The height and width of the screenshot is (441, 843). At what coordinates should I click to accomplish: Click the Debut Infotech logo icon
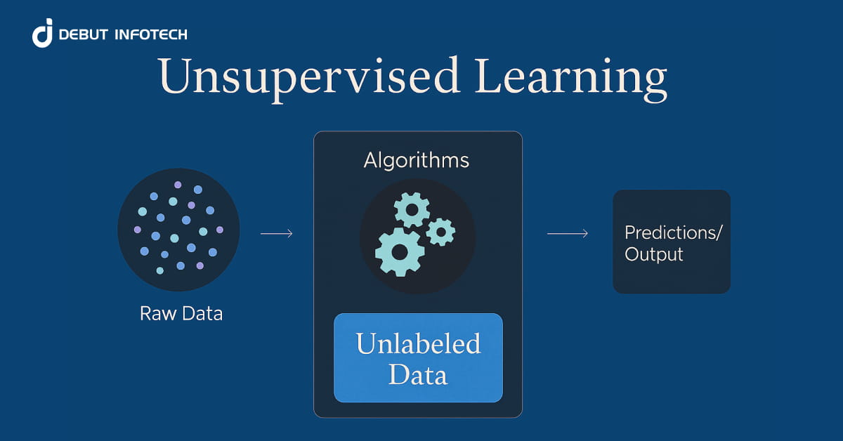pyautogui.click(x=43, y=34)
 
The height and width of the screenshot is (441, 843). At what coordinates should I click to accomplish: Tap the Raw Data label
pyautogui.click(x=181, y=313)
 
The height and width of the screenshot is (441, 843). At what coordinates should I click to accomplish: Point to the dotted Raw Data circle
pyautogui.click(x=178, y=229)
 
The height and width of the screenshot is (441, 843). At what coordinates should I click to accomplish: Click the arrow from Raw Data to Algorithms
pyautogui.click(x=276, y=233)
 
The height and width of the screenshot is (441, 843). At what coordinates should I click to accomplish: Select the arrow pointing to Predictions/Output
pyautogui.click(x=567, y=233)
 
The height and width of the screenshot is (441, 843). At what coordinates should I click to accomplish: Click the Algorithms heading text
pyautogui.click(x=417, y=160)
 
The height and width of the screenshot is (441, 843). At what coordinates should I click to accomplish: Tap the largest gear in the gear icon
pyautogui.click(x=400, y=251)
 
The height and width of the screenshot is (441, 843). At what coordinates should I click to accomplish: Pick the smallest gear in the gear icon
pyautogui.click(x=440, y=231)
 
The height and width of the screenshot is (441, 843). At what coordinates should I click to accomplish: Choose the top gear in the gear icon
pyautogui.click(x=412, y=209)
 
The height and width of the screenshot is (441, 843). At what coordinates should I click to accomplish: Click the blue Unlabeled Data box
pyautogui.click(x=418, y=357)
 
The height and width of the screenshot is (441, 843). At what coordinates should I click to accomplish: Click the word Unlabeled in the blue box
pyautogui.click(x=418, y=344)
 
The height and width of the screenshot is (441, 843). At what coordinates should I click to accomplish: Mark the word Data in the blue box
pyautogui.click(x=418, y=374)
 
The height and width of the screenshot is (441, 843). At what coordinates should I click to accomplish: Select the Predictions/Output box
pyautogui.click(x=672, y=242)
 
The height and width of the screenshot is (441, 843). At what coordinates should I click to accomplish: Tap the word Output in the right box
pyautogui.click(x=654, y=254)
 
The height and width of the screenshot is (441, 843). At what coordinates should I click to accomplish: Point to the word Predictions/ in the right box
pyautogui.click(x=673, y=232)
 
